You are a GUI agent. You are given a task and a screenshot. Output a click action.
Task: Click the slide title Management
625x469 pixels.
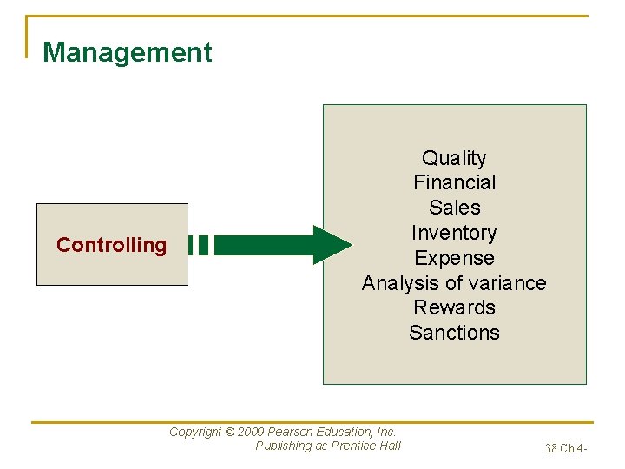coord(127,52)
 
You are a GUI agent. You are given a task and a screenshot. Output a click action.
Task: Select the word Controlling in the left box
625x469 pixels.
coord(111,245)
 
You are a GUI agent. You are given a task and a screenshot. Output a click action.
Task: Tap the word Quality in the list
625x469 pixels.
coord(454,158)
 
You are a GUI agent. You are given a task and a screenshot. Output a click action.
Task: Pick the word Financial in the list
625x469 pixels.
coord(454,182)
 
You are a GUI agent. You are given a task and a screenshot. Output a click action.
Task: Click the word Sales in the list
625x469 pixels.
coord(454,208)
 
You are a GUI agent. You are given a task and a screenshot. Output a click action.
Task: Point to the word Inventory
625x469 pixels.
coord(454,233)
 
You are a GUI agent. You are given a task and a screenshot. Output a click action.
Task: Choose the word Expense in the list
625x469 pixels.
coord(454,258)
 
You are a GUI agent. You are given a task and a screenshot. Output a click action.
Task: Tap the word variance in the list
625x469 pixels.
coord(510,283)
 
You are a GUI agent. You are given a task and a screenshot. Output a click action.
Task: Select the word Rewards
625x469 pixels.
coord(454,307)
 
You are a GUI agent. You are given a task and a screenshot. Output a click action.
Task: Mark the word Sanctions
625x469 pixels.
coord(454,333)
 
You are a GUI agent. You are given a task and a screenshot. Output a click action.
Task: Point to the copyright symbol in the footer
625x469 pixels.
coord(229,432)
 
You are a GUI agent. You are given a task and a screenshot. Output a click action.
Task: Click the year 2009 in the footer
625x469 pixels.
coord(251,432)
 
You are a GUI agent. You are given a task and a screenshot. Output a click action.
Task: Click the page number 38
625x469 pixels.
coord(551,449)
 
